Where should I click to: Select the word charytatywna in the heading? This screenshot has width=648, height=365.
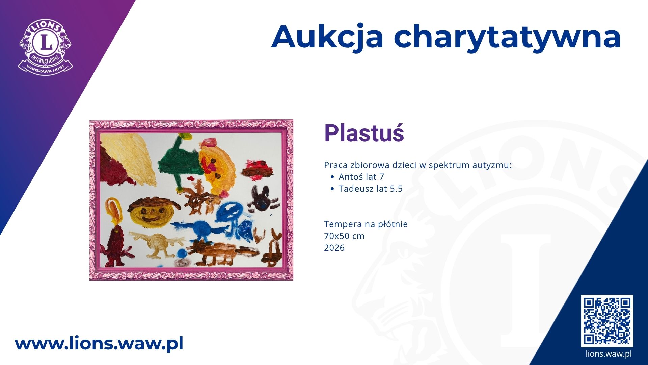[507, 38]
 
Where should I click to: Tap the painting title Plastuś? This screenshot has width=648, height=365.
[364, 133]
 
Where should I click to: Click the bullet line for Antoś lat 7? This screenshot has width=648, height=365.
[358, 177]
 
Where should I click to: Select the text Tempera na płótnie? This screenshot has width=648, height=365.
[366, 224]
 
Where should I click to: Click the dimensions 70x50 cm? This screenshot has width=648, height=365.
[344, 236]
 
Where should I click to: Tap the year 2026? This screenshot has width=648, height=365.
[334, 248]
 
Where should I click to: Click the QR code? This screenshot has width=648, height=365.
[607, 321]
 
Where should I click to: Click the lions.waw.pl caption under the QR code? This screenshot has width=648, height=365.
[609, 354]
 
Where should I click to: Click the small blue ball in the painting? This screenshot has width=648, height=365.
[182, 253]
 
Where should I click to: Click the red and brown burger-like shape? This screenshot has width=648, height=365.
[257, 170]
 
